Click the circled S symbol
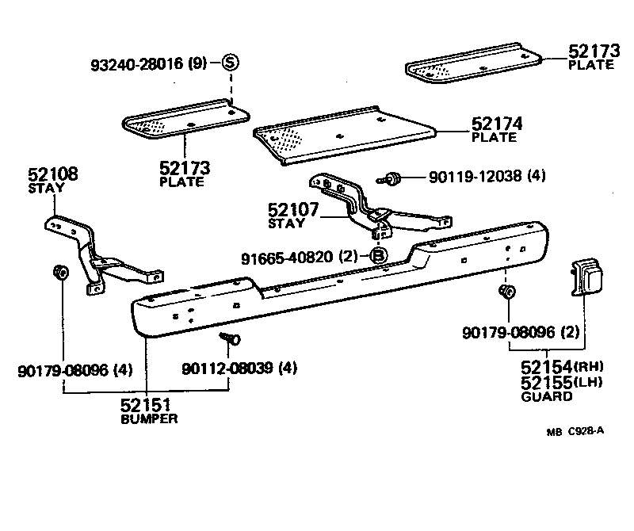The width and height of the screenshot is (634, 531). click(230, 63)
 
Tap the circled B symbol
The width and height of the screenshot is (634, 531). click(379, 255)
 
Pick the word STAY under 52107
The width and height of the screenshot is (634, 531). click(286, 224)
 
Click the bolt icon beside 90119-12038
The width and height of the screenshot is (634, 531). click(391, 178)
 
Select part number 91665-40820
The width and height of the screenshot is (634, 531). click(288, 256)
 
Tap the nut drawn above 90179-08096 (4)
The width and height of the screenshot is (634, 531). click(59, 273)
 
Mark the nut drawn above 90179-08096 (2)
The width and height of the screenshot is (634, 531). click(506, 294)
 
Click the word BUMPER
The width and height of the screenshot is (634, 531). click(149, 418)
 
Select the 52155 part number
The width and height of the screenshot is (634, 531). click(546, 381)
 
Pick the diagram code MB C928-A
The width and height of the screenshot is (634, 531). click(575, 431)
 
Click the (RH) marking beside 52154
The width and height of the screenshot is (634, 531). click(589, 366)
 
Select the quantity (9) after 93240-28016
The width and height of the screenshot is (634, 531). click(198, 63)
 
